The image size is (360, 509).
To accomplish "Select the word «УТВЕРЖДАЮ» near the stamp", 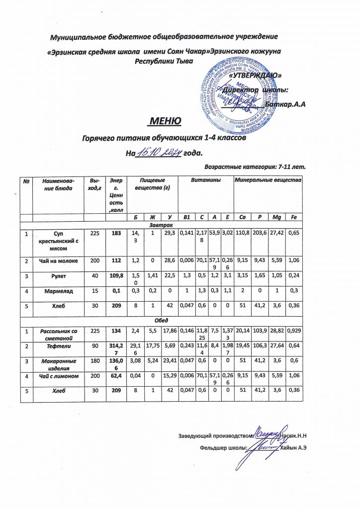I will point(259,76).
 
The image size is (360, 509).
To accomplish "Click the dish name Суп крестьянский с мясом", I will point(59,240).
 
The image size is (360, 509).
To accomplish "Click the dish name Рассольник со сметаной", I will point(59,334).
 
